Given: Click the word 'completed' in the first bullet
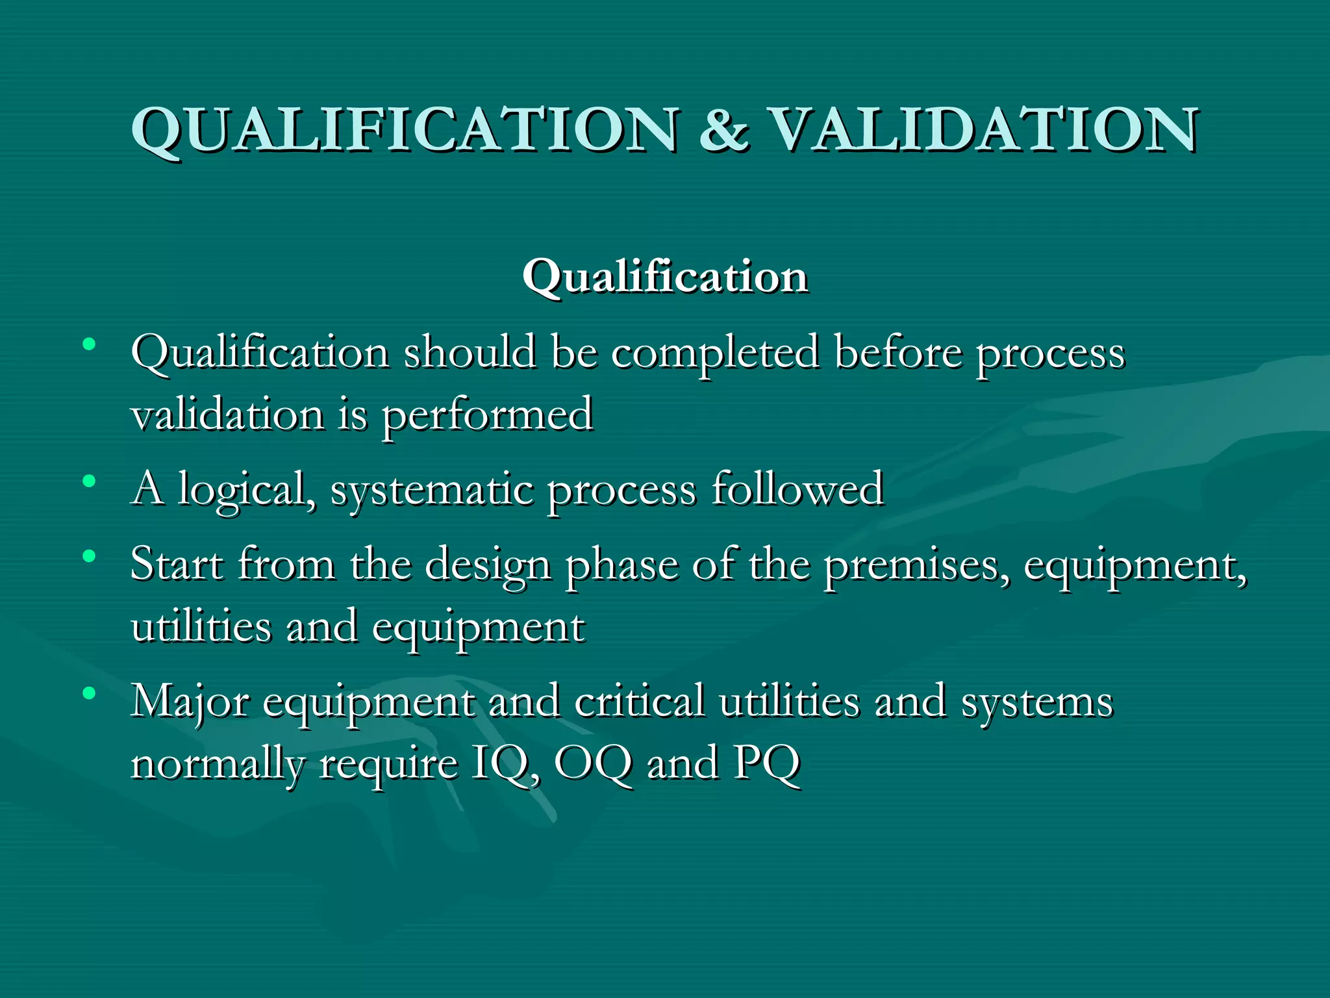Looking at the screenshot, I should click(x=715, y=354).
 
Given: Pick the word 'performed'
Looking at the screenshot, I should click(x=487, y=416).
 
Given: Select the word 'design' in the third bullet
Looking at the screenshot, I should click(x=488, y=565).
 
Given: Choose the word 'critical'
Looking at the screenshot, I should click(x=639, y=702).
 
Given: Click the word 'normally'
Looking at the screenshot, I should click(x=217, y=765).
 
